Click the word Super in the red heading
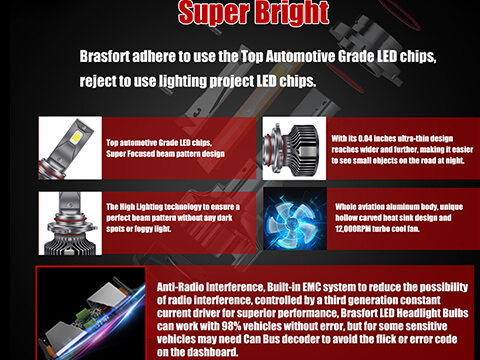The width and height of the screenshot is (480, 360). (208, 13)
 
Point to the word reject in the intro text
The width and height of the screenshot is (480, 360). (98, 80)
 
